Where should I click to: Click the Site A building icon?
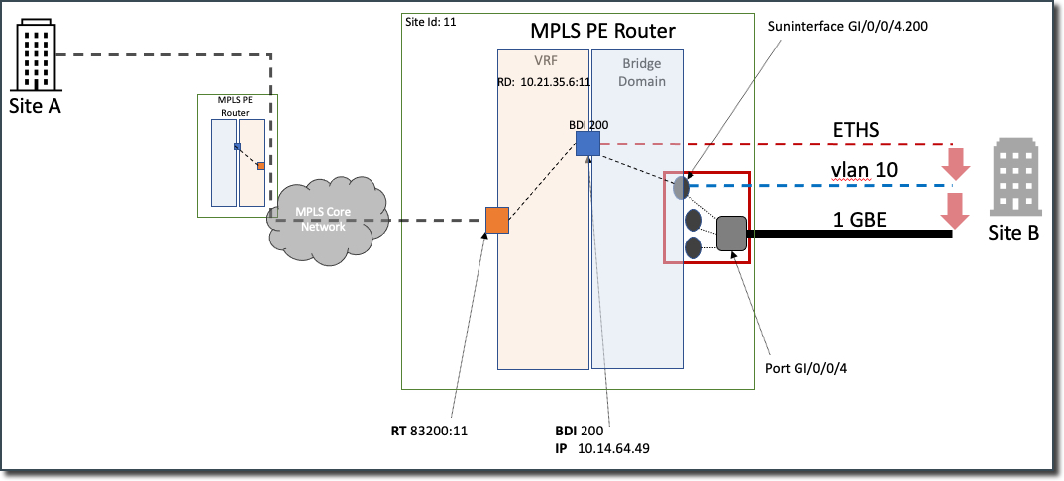point(35,56)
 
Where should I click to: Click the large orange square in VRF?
point(497,220)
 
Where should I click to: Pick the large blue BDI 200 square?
point(587,144)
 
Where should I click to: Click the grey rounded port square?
point(731,234)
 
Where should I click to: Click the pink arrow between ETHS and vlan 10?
point(955,162)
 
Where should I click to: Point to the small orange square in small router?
point(260,166)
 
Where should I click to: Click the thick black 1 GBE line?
point(852,235)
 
